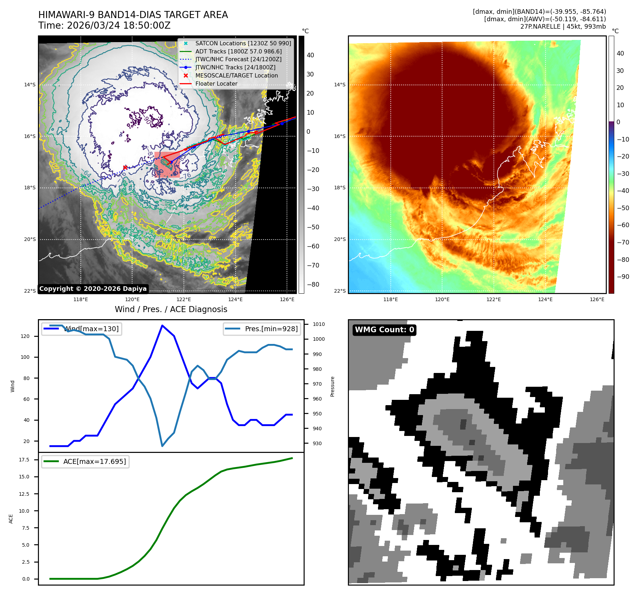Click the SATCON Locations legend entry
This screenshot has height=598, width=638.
[x=243, y=43]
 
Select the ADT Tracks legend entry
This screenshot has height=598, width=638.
[x=238, y=51]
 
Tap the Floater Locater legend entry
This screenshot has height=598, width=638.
[x=216, y=84]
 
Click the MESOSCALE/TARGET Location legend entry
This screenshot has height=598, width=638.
[x=236, y=75]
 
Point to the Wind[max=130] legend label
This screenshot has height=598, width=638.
[x=91, y=329]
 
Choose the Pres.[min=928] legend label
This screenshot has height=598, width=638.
[x=271, y=329]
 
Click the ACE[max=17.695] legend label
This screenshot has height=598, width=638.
[x=94, y=461]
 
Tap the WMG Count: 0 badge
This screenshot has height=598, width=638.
[x=384, y=330]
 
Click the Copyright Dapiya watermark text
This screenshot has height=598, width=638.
[x=93, y=289]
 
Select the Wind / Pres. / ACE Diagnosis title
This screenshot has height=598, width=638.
[x=171, y=309]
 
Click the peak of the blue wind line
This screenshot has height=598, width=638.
[x=162, y=326]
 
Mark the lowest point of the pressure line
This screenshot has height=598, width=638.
[x=162, y=446]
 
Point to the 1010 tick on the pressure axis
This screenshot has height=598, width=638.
[x=318, y=324]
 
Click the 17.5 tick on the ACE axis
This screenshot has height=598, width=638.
[x=24, y=460]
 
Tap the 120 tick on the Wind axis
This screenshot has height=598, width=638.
[x=25, y=336]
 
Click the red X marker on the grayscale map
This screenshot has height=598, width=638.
[x=125, y=167]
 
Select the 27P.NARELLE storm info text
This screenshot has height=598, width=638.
[x=563, y=27]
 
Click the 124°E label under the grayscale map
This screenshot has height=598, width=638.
[x=235, y=299]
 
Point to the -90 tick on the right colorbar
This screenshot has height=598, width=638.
[x=623, y=277]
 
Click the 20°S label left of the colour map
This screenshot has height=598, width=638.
[x=339, y=240]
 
